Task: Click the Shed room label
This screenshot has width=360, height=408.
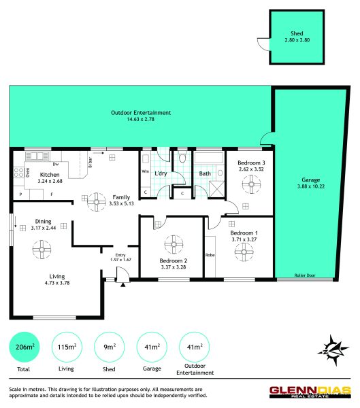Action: [297, 33]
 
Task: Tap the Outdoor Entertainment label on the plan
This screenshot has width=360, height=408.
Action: [141, 113]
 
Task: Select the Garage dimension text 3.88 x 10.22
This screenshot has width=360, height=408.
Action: [311, 186]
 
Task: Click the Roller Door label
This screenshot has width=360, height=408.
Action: [305, 275]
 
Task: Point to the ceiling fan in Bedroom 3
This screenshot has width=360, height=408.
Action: [251, 184]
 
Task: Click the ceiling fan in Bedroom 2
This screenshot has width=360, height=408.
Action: [174, 244]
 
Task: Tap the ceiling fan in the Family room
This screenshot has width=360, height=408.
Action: [97, 202]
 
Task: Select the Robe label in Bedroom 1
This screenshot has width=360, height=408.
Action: [210, 255]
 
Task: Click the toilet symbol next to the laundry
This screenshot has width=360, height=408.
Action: [182, 156]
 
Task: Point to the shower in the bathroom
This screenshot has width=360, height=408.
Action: [216, 189]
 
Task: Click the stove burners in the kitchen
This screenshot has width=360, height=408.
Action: [18, 172]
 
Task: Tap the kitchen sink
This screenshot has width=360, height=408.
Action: [37, 156]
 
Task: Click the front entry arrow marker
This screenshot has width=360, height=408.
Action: [122, 285]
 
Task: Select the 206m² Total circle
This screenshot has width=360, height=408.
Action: [24, 347]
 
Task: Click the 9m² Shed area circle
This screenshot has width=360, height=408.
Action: [110, 347]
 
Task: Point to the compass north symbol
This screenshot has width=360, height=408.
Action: [333, 350]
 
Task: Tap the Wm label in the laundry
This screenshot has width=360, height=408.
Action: [145, 171]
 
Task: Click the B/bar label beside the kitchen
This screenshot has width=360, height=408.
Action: [90, 163]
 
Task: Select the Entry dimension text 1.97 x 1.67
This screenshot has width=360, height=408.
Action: [120, 260]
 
